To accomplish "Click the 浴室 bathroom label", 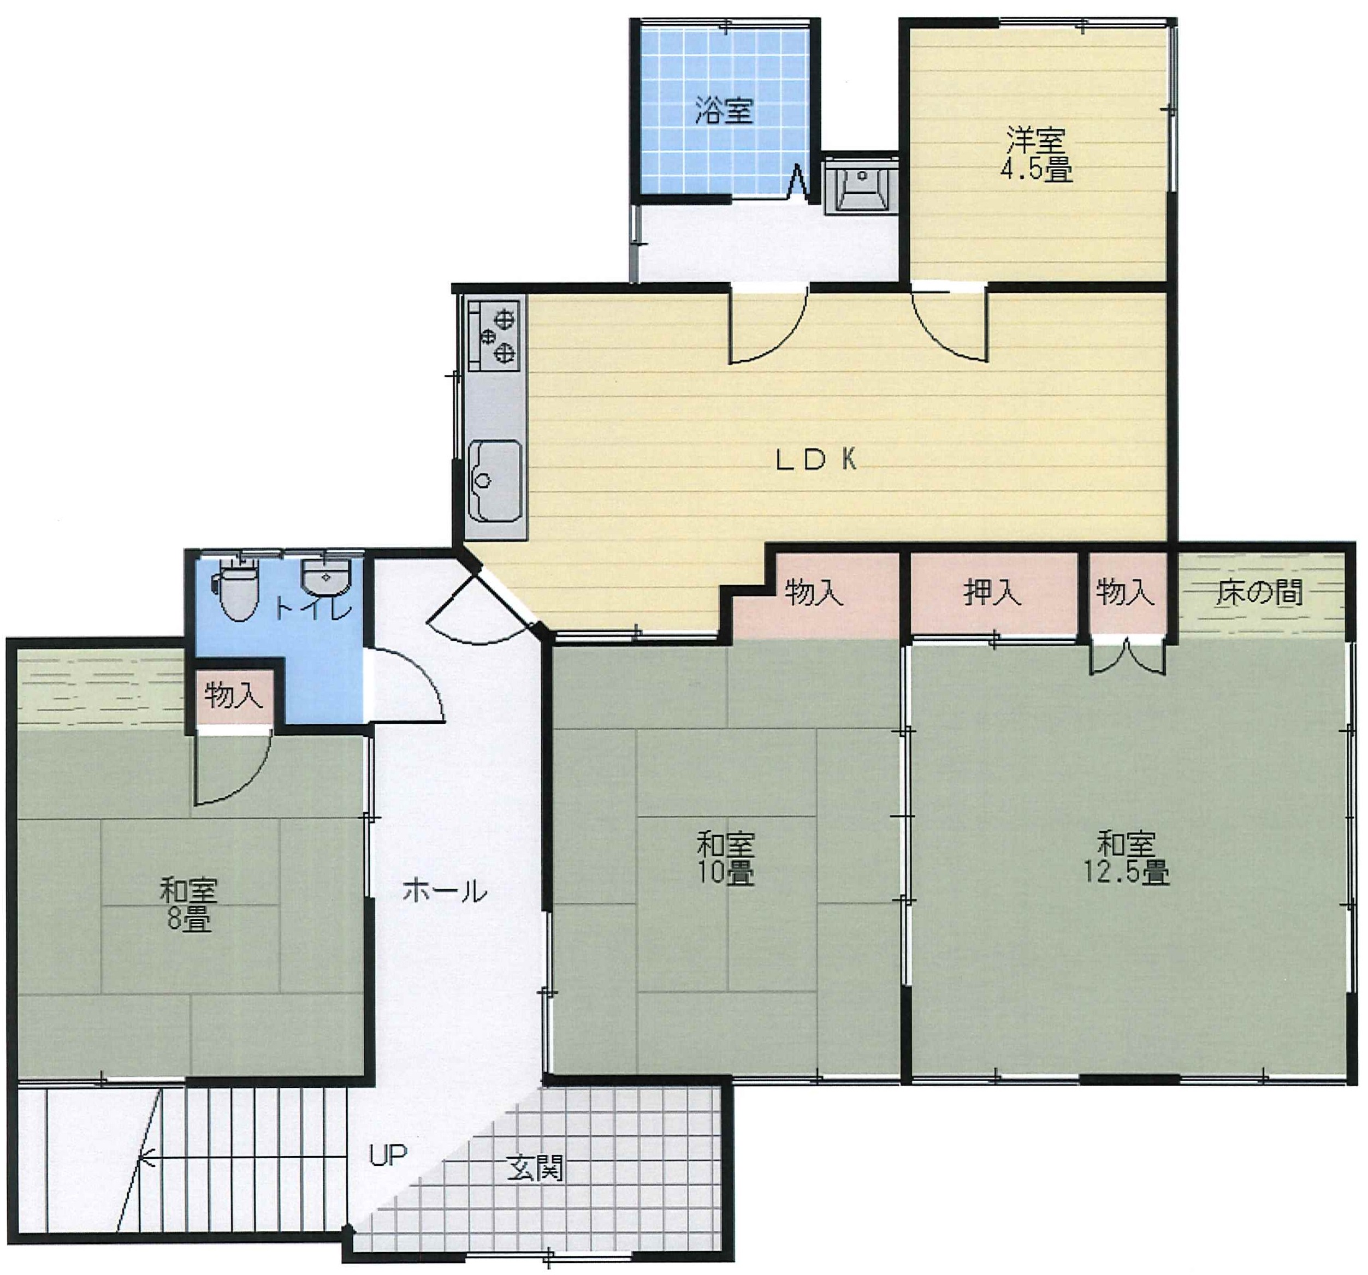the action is (x=724, y=110).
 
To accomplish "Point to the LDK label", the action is (x=816, y=460).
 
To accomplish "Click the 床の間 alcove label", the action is (x=1259, y=592).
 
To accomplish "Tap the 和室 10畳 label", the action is (x=725, y=857).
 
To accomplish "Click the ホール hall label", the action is (x=445, y=891).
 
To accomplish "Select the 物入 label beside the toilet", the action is (x=234, y=695).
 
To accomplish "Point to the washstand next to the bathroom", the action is (x=861, y=186).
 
